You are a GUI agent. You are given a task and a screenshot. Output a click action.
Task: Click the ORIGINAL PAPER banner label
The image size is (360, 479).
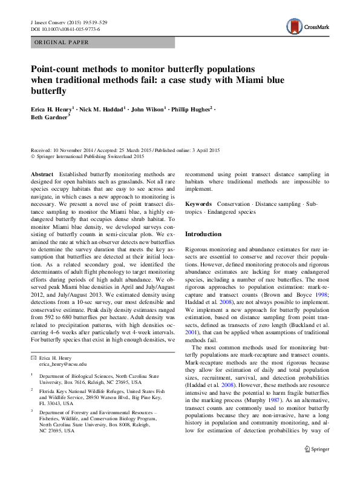coord(62,42)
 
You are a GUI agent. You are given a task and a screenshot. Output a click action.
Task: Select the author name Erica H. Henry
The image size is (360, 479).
coord(50,108)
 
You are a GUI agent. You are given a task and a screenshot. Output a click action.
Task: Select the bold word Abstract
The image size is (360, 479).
coord(42,174)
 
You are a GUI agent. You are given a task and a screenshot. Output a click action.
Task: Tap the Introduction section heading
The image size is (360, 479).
coord(204,234)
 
